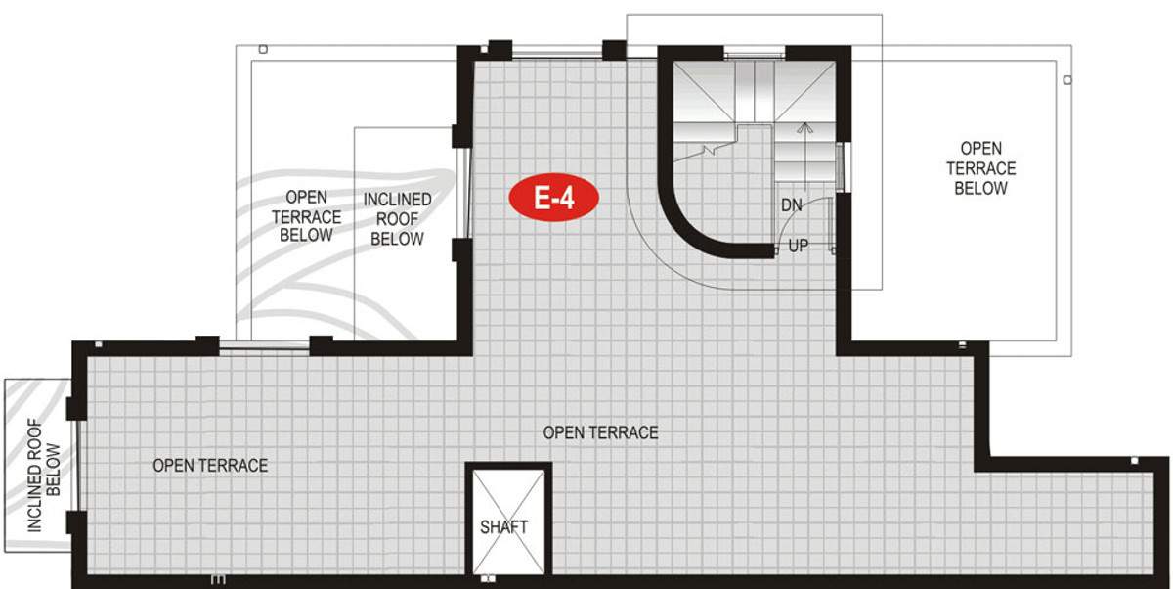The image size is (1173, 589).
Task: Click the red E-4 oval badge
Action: (x=553, y=199)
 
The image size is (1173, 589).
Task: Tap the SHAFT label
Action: (x=503, y=527)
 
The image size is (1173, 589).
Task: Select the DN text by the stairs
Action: (x=792, y=205)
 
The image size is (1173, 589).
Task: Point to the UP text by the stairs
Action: (x=799, y=247)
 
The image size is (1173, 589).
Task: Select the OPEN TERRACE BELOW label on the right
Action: (x=980, y=168)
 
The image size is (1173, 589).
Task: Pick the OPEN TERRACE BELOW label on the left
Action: (x=306, y=216)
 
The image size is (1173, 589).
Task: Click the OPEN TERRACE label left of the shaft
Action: (x=210, y=466)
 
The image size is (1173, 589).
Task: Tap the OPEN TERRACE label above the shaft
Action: (x=600, y=432)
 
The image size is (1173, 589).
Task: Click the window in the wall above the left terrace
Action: (x=264, y=344)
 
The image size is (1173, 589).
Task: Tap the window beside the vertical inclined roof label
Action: (x=74, y=464)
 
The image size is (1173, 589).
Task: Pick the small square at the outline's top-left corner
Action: (x=263, y=48)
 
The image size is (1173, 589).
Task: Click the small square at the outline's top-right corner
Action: (x=1067, y=80)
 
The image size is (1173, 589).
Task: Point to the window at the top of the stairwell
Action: (x=756, y=54)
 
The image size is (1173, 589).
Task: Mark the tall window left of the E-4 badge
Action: (x=465, y=193)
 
